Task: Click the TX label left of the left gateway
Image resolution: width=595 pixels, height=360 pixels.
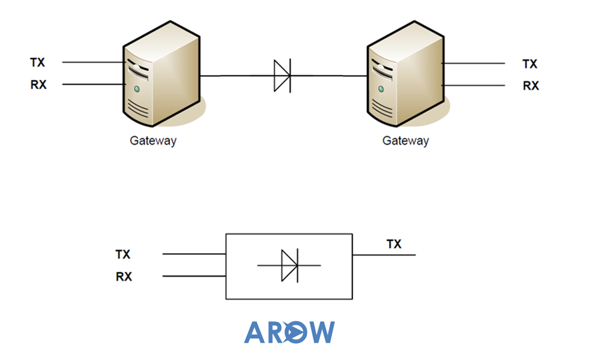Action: click(x=37, y=62)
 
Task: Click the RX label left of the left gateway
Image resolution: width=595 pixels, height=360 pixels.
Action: click(x=38, y=85)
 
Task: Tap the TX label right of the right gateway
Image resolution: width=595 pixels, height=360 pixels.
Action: click(x=530, y=64)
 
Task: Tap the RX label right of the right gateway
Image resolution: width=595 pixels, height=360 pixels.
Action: click(x=531, y=86)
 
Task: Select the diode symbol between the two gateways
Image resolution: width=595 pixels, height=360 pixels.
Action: click(x=282, y=76)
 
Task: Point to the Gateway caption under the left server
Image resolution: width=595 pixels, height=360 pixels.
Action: click(x=153, y=141)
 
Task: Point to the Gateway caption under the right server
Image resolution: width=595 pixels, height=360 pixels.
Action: click(x=406, y=141)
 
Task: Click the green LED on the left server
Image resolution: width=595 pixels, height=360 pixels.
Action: click(x=137, y=89)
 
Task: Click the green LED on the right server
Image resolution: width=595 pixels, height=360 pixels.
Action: click(x=381, y=89)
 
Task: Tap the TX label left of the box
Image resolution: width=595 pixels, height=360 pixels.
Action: click(x=122, y=254)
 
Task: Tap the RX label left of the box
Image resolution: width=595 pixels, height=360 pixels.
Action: click(x=124, y=277)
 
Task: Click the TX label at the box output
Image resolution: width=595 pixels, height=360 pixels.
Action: click(x=394, y=244)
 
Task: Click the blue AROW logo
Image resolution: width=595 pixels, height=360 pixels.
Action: click(x=289, y=332)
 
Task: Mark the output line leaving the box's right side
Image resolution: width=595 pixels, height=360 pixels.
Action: click(x=384, y=255)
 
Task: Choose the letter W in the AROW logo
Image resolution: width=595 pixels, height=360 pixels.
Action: click(x=321, y=332)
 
